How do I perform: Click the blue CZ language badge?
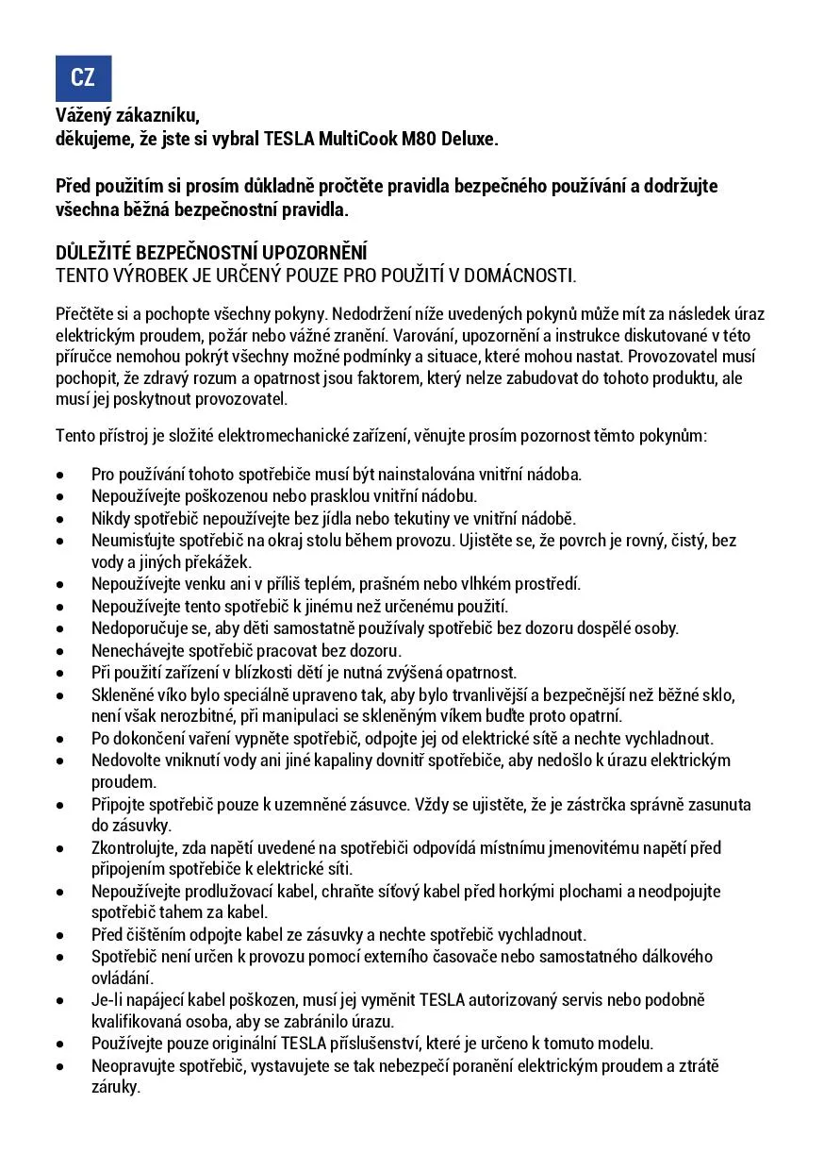pos(83,78)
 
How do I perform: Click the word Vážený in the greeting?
pos(83,117)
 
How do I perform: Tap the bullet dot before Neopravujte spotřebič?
pos(60,1066)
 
